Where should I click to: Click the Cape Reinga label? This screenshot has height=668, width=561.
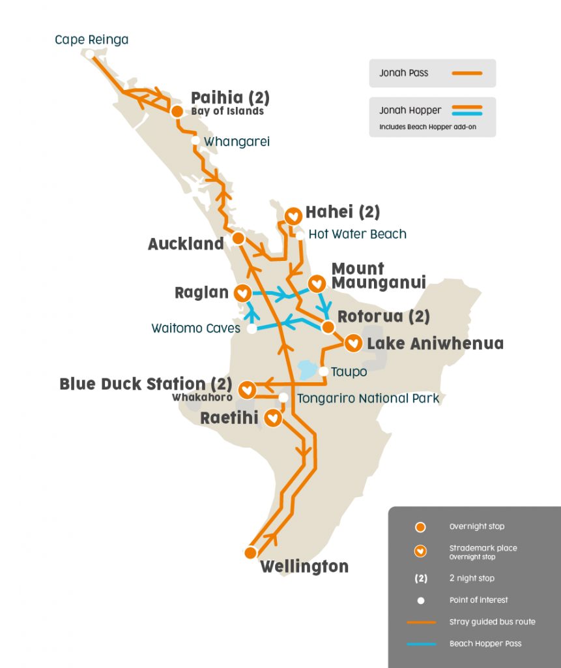click(x=91, y=40)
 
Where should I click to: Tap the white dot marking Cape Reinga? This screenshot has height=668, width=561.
click(x=89, y=54)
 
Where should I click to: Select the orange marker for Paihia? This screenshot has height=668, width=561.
click(x=177, y=112)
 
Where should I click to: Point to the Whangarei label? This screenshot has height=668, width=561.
click(x=237, y=142)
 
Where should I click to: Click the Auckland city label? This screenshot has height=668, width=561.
click(x=186, y=244)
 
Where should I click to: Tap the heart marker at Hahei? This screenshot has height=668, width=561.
click(x=293, y=215)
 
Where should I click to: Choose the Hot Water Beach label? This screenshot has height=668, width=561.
click(x=357, y=234)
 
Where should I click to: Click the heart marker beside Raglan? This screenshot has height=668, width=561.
click(x=242, y=294)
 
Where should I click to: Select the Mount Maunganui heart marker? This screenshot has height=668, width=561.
click(x=317, y=284)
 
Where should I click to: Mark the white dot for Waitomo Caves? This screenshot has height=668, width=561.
click(x=252, y=329)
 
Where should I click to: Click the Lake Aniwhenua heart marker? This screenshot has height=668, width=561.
click(x=353, y=342)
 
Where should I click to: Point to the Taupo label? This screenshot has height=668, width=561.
click(x=349, y=372)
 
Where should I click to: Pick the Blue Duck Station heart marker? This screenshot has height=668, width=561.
click(x=247, y=390)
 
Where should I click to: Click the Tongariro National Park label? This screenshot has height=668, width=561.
click(x=368, y=398)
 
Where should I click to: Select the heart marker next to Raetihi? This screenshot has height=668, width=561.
click(x=274, y=417)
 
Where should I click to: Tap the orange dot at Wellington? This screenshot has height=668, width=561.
click(x=250, y=553)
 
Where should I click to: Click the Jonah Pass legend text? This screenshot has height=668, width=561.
click(x=404, y=73)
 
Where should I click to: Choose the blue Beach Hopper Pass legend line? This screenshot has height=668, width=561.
click(x=421, y=643)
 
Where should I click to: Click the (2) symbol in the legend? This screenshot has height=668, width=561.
click(x=421, y=578)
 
